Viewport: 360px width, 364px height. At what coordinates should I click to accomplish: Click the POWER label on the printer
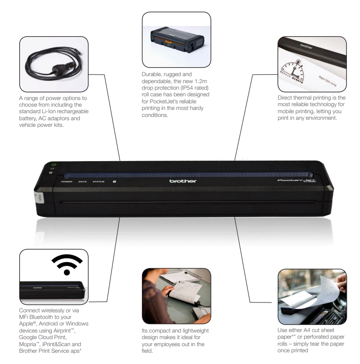click(66, 181)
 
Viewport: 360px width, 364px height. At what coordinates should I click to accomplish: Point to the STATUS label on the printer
click(98, 181)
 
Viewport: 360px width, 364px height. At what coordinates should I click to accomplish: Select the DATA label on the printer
click(82, 181)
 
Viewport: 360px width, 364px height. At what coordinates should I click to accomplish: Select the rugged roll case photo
click(176, 40)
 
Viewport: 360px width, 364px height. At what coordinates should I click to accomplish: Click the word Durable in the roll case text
click(152, 74)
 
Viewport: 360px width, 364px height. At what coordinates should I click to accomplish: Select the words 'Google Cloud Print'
click(43, 337)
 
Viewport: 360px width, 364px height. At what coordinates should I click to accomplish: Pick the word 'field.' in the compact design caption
click(148, 350)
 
